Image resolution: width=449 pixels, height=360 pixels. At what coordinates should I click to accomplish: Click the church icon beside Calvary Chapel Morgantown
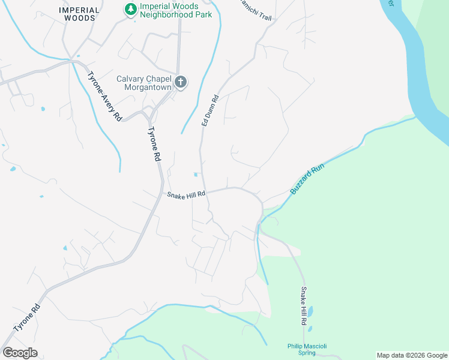pos(181,82)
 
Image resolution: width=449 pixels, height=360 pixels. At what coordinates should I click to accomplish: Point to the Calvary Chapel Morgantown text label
pos(144,83)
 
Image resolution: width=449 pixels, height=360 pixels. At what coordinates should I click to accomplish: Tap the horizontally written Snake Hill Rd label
pos(186,194)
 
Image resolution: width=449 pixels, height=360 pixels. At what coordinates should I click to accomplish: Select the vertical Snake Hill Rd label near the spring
pos(304,306)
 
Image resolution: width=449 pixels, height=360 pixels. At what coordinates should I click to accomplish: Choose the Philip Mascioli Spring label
pos(306,349)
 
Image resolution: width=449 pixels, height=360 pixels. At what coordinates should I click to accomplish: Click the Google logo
pos(20,352)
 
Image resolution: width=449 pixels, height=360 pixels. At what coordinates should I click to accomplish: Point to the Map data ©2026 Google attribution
pos(412,355)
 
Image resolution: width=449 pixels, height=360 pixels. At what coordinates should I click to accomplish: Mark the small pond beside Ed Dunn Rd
pos(196,175)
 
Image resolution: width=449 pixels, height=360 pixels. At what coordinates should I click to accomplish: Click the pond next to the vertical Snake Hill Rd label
pos(312,312)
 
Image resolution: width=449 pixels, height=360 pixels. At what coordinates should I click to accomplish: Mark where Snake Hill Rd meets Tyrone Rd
pos(163,193)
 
